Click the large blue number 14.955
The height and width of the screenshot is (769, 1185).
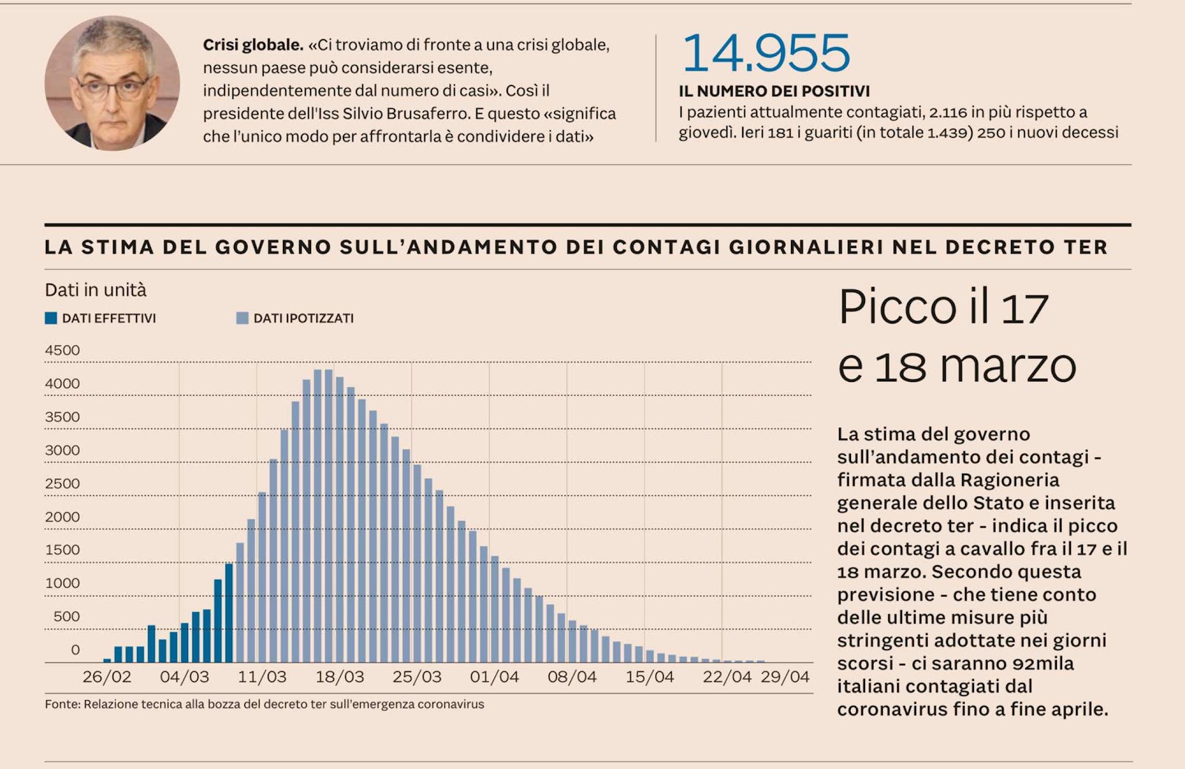tap(766, 53)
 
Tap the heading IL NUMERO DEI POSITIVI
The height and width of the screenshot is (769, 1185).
tap(774, 91)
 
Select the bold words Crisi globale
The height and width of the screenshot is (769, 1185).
tap(253, 45)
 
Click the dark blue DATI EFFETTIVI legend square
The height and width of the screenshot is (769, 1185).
tap(51, 318)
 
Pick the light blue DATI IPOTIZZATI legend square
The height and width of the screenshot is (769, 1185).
tap(242, 318)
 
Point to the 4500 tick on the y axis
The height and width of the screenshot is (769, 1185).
tap(62, 351)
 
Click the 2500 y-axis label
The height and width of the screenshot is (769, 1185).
tap(62, 484)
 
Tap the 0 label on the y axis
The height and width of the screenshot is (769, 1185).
tap(75, 650)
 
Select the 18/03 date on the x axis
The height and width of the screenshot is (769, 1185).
tap(340, 677)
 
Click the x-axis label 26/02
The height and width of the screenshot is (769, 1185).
tap(107, 677)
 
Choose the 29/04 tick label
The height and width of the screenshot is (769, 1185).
tap(785, 677)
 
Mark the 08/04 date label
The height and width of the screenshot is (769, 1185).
tap(572, 677)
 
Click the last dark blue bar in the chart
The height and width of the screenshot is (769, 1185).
tap(229, 613)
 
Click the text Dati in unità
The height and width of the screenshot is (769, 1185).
tap(96, 290)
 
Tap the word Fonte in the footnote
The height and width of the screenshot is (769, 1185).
tap(62, 705)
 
